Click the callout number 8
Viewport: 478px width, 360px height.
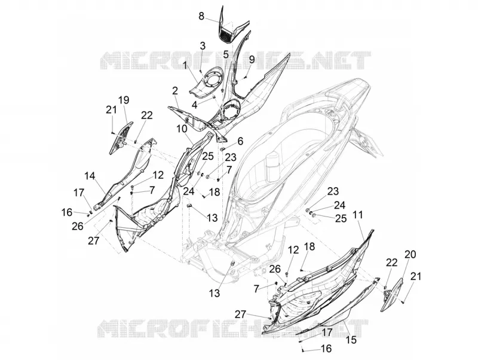click(x=201, y=16)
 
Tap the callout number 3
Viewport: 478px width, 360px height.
click(x=203, y=46)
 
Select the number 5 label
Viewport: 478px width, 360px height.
click(x=226, y=55)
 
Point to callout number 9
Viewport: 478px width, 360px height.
click(x=252, y=59)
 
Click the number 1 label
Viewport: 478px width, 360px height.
click(x=185, y=65)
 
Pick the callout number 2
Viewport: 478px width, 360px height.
click(x=174, y=91)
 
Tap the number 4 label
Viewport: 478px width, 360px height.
click(x=194, y=105)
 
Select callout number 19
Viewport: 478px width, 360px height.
click(x=124, y=100)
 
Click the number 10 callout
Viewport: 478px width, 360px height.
click(x=182, y=129)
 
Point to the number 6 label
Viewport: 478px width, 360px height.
click(x=241, y=141)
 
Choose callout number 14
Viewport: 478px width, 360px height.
click(x=90, y=175)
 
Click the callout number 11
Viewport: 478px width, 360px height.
click(x=358, y=215)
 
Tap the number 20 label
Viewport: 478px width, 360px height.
click(x=410, y=254)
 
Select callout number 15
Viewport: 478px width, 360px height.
click(x=351, y=340)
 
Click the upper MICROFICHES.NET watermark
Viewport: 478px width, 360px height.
click(x=235, y=60)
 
